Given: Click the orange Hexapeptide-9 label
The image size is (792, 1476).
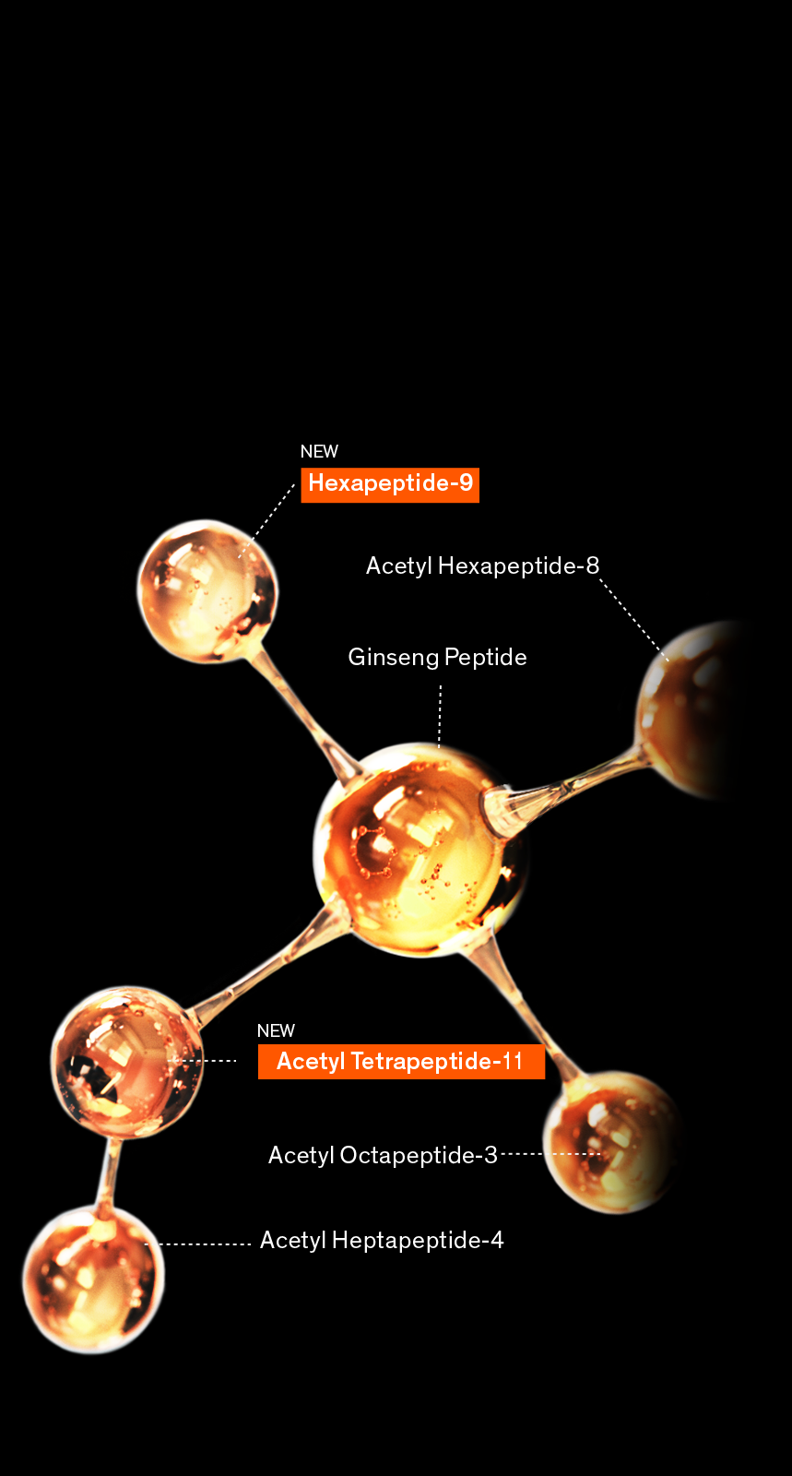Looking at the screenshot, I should point(390,484).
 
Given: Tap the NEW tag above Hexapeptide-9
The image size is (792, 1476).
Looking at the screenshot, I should point(319,451).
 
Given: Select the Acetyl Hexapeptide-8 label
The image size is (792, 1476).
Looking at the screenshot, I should point(482,565).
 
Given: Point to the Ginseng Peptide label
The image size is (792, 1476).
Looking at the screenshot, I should point(437,657).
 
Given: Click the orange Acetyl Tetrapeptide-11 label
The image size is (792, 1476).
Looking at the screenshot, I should point(401,1061).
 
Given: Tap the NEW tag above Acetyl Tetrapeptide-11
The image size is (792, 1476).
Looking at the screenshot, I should point(276,1030).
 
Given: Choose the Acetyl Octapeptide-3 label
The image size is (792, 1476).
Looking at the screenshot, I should point(383,1155).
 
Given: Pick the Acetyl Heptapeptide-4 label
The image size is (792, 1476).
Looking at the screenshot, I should point(382,1240).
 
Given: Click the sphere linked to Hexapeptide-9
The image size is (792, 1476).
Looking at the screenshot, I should point(207,590).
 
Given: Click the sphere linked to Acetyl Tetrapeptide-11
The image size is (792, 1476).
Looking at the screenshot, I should point(127,1061).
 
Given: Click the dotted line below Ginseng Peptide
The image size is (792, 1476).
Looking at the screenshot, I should point(440,714).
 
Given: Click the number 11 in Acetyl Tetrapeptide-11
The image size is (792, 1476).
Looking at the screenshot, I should point(513,1061).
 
